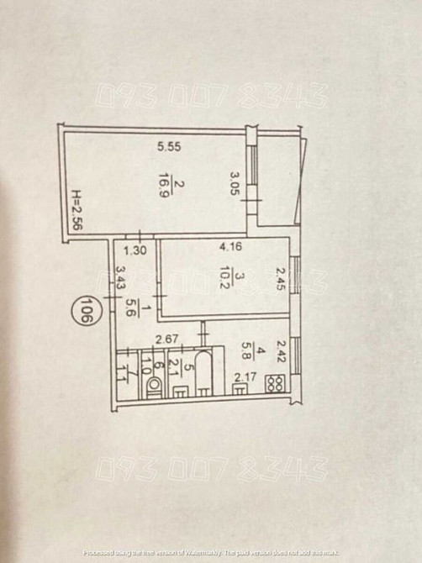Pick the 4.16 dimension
[x=232, y=248]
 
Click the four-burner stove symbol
[x=275, y=384]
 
